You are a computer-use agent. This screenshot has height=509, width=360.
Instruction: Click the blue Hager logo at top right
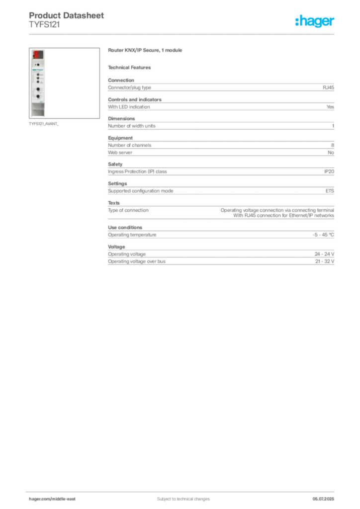coord(316,22)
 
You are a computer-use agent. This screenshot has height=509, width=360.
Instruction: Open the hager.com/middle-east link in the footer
coord(52,499)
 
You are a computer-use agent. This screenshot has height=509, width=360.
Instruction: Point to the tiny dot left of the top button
coord(35,65)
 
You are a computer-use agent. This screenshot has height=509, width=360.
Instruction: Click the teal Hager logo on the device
coord(38,70)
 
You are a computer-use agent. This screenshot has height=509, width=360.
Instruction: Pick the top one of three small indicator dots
coord(38,74)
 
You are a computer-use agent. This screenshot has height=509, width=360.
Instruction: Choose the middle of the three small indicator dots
coord(38,79)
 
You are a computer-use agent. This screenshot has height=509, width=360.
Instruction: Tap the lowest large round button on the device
coord(38,96)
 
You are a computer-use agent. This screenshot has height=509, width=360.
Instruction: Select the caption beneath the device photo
coord(44,124)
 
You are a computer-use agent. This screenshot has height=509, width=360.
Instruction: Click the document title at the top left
coord(67,16)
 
